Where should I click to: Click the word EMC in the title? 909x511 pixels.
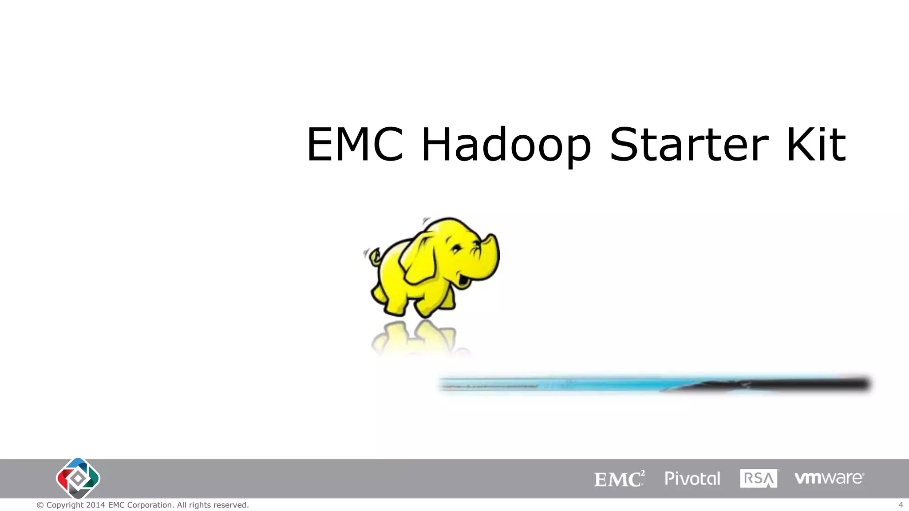(355, 145)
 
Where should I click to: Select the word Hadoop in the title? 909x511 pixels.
(506, 145)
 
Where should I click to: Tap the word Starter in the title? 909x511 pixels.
(689, 145)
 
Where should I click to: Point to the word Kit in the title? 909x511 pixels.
(816, 145)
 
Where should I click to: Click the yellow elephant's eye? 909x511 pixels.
(456, 249)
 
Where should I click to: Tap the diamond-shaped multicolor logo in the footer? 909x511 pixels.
(78, 478)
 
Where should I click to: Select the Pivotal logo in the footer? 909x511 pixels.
(692, 479)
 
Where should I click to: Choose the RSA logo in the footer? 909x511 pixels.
(759, 479)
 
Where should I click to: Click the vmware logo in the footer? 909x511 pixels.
(829, 478)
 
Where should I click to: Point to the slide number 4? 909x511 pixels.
(901, 505)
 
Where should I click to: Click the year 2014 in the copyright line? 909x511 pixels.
(95, 505)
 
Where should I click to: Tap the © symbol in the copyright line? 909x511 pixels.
(40, 505)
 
